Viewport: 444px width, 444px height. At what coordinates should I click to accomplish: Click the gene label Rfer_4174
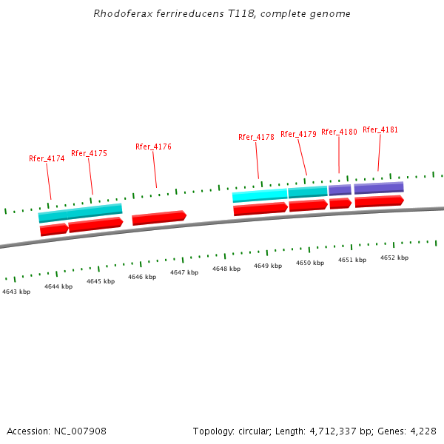pyautogui.click(x=47, y=158)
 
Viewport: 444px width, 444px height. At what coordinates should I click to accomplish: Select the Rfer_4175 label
pyautogui.click(x=89, y=154)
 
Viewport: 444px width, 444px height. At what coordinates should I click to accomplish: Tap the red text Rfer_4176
pyautogui.click(x=153, y=147)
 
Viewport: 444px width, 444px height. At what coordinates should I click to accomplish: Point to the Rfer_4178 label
pyautogui.click(x=256, y=137)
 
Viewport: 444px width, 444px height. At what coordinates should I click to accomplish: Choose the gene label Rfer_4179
pyautogui.click(x=298, y=134)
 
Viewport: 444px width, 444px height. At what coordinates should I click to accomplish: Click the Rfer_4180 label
pyautogui.click(x=339, y=132)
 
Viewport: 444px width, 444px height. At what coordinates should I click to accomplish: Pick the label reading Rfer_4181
pyautogui.click(x=380, y=129)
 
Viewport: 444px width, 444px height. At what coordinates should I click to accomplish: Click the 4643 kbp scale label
pyautogui.click(x=16, y=292)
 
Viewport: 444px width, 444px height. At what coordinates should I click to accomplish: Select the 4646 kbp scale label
pyautogui.click(x=142, y=277)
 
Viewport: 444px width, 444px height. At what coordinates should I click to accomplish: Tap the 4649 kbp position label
pyautogui.click(x=268, y=266)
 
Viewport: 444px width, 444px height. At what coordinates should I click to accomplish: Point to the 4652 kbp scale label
pyautogui.click(x=394, y=258)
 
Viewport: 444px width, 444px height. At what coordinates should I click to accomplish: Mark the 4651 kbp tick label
pyautogui.click(x=352, y=260)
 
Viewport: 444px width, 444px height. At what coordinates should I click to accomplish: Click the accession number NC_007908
pyautogui.click(x=81, y=431)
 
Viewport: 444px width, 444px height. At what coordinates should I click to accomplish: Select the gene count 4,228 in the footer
pyautogui.click(x=423, y=431)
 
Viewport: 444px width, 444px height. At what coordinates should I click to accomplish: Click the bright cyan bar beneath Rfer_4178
pyautogui.click(x=260, y=195)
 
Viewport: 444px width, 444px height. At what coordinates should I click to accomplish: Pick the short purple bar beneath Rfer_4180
pyautogui.click(x=340, y=190)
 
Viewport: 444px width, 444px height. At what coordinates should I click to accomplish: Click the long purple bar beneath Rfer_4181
pyautogui.click(x=379, y=188)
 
